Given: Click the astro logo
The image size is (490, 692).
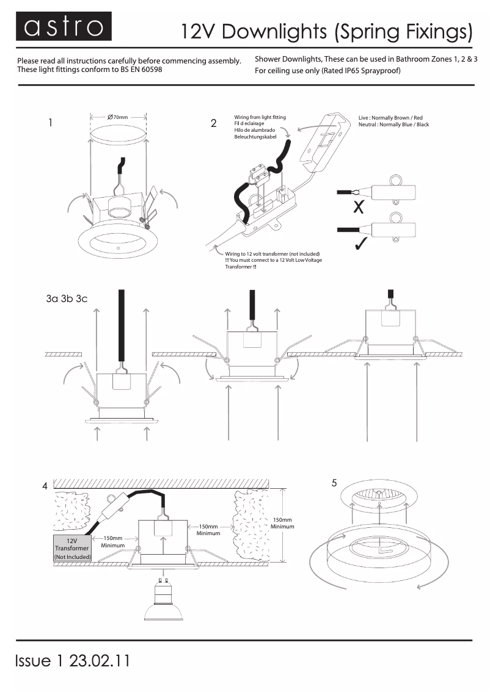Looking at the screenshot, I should click(64, 27).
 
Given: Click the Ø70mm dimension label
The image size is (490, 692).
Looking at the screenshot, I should click(117, 117).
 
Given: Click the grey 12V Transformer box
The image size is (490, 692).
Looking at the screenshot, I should click(72, 549).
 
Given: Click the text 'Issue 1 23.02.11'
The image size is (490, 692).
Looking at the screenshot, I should click(73, 661).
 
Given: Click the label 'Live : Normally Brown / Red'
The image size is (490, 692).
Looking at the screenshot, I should click(390, 117).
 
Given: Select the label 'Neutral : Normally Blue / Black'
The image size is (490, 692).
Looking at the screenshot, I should click(393, 124).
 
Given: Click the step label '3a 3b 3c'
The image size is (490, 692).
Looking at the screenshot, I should click(67, 299).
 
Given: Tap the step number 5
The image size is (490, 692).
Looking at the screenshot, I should click(334, 483).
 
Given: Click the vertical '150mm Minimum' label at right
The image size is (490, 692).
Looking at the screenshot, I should click(282, 523).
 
